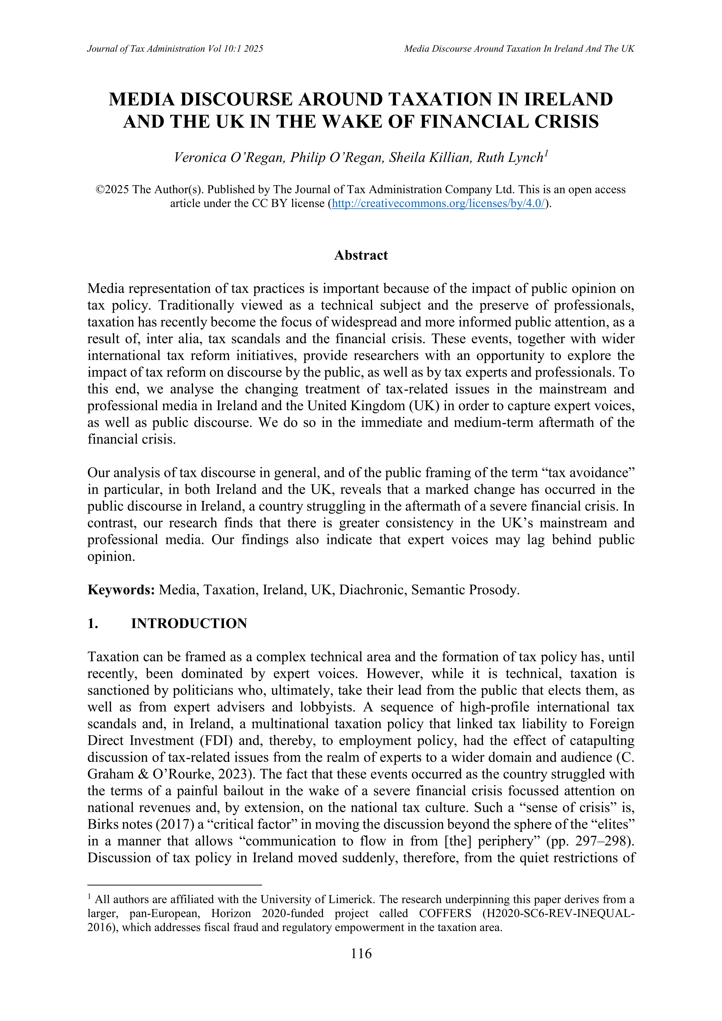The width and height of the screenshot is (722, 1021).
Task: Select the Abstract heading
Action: coord(361,255)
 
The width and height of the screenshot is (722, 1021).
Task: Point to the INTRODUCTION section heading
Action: coord(189,623)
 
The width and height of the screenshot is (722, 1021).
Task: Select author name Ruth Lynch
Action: coord(510,158)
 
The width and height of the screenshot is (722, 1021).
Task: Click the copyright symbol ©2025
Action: coord(112,190)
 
